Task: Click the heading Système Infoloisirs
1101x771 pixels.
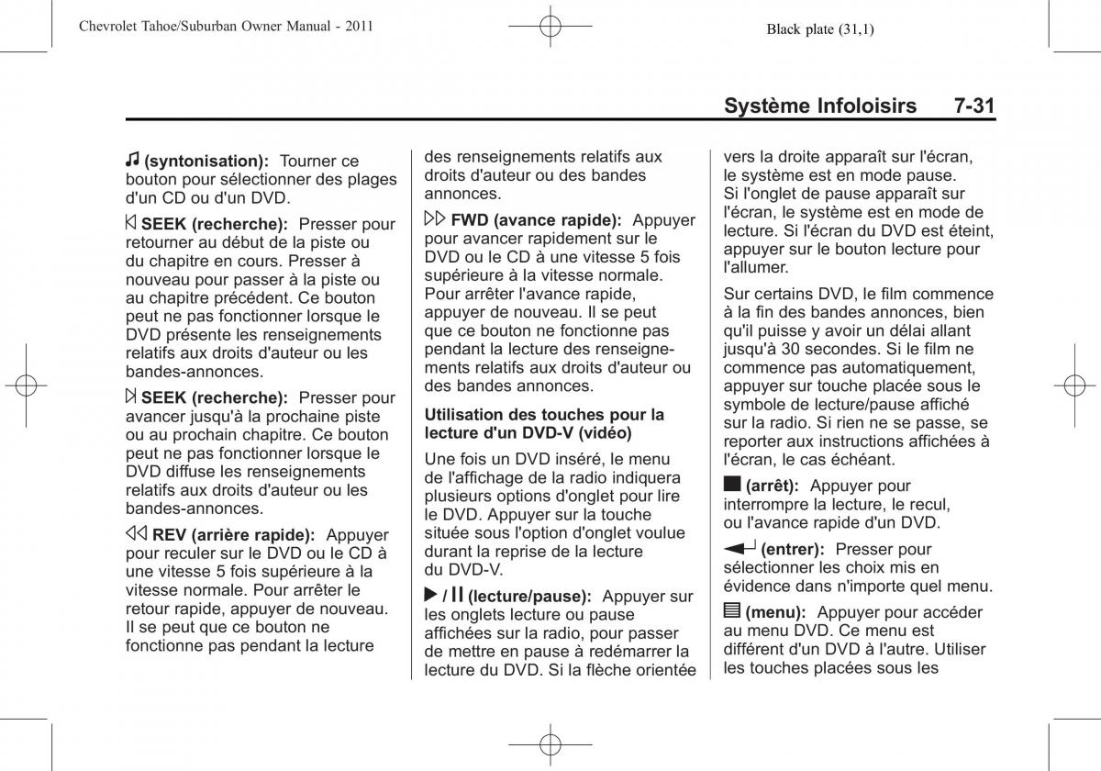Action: (819, 106)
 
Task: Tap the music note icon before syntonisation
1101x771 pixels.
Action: (133, 161)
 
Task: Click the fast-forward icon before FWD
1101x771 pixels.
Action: (435, 220)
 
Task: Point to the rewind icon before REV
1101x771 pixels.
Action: (137, 534)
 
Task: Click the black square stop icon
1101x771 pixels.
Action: (731, 485)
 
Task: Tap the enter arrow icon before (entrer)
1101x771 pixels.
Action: (740, 548)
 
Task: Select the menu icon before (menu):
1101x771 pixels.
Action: (731, 611)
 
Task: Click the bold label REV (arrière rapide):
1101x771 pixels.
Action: (234, 535)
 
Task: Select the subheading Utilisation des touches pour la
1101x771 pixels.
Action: (543, 414)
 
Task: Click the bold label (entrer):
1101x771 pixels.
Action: (792, 549)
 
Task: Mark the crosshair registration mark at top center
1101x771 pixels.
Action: (550, 28)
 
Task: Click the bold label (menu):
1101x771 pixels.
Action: (775, 612)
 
